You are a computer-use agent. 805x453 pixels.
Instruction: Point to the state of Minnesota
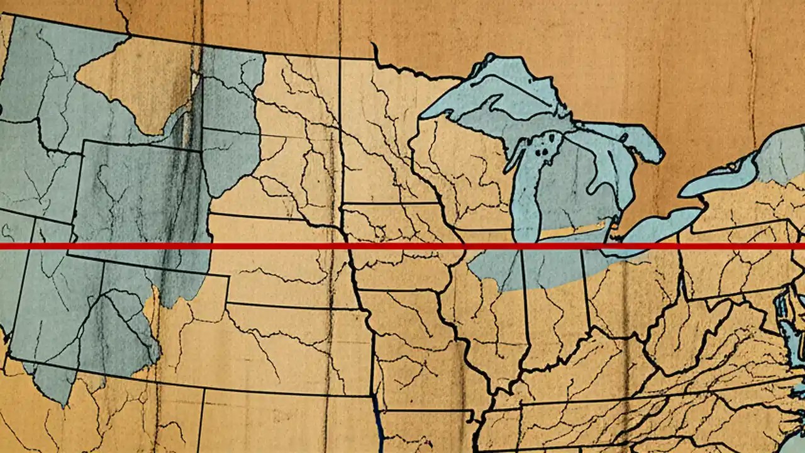pos(377,138)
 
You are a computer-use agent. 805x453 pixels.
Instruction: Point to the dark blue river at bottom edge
pos(378,428)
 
